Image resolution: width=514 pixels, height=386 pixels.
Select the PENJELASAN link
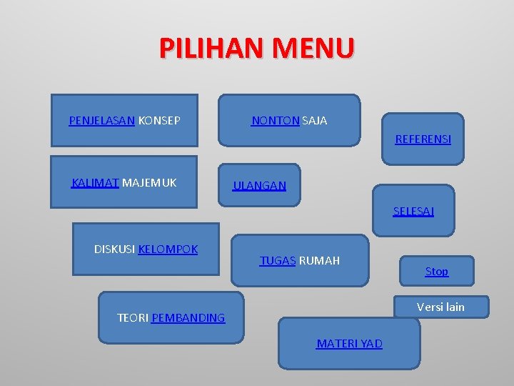(101, 121)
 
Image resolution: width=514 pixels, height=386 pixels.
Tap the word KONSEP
(158, 121)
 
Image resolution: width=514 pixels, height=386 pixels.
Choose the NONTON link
(276, 121)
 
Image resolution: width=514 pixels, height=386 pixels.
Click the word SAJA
(315, 121)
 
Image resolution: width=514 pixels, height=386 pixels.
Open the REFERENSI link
(423, 139)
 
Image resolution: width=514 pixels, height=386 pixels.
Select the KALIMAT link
(95, 183)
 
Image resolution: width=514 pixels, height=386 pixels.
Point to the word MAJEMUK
(149, 183)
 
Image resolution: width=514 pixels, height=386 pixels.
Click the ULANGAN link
(259, 186)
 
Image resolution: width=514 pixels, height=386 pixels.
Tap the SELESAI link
(413, 212)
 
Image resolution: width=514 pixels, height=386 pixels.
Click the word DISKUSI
(114, 249)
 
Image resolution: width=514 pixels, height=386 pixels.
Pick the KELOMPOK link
(168, 249)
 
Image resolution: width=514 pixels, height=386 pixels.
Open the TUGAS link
(278, 261)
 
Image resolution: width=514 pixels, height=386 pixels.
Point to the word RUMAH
(319, 261)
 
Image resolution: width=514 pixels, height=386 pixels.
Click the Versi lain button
(440, 307)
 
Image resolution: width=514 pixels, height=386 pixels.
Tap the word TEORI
(133, 318)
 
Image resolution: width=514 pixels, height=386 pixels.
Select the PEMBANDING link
(188, 318)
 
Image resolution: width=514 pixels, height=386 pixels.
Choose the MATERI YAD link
(349, 344)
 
